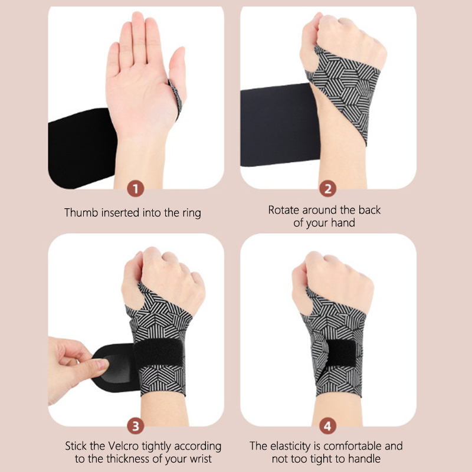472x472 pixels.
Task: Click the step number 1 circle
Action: (136, 189)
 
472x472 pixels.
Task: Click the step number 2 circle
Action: (328, 189)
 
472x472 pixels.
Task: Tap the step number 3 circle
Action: (136, 426)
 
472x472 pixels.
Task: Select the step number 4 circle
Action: (328, 426)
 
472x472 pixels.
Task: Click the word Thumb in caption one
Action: (81, 212)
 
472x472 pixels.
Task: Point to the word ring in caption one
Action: (192, 214)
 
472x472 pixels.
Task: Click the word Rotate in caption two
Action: (284, 210)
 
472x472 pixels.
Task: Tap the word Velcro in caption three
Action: (123, 446)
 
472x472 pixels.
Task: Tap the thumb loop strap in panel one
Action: (176, 98)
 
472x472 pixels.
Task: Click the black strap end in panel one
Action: (82, 148)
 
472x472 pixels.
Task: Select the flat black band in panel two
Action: (280, 124)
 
